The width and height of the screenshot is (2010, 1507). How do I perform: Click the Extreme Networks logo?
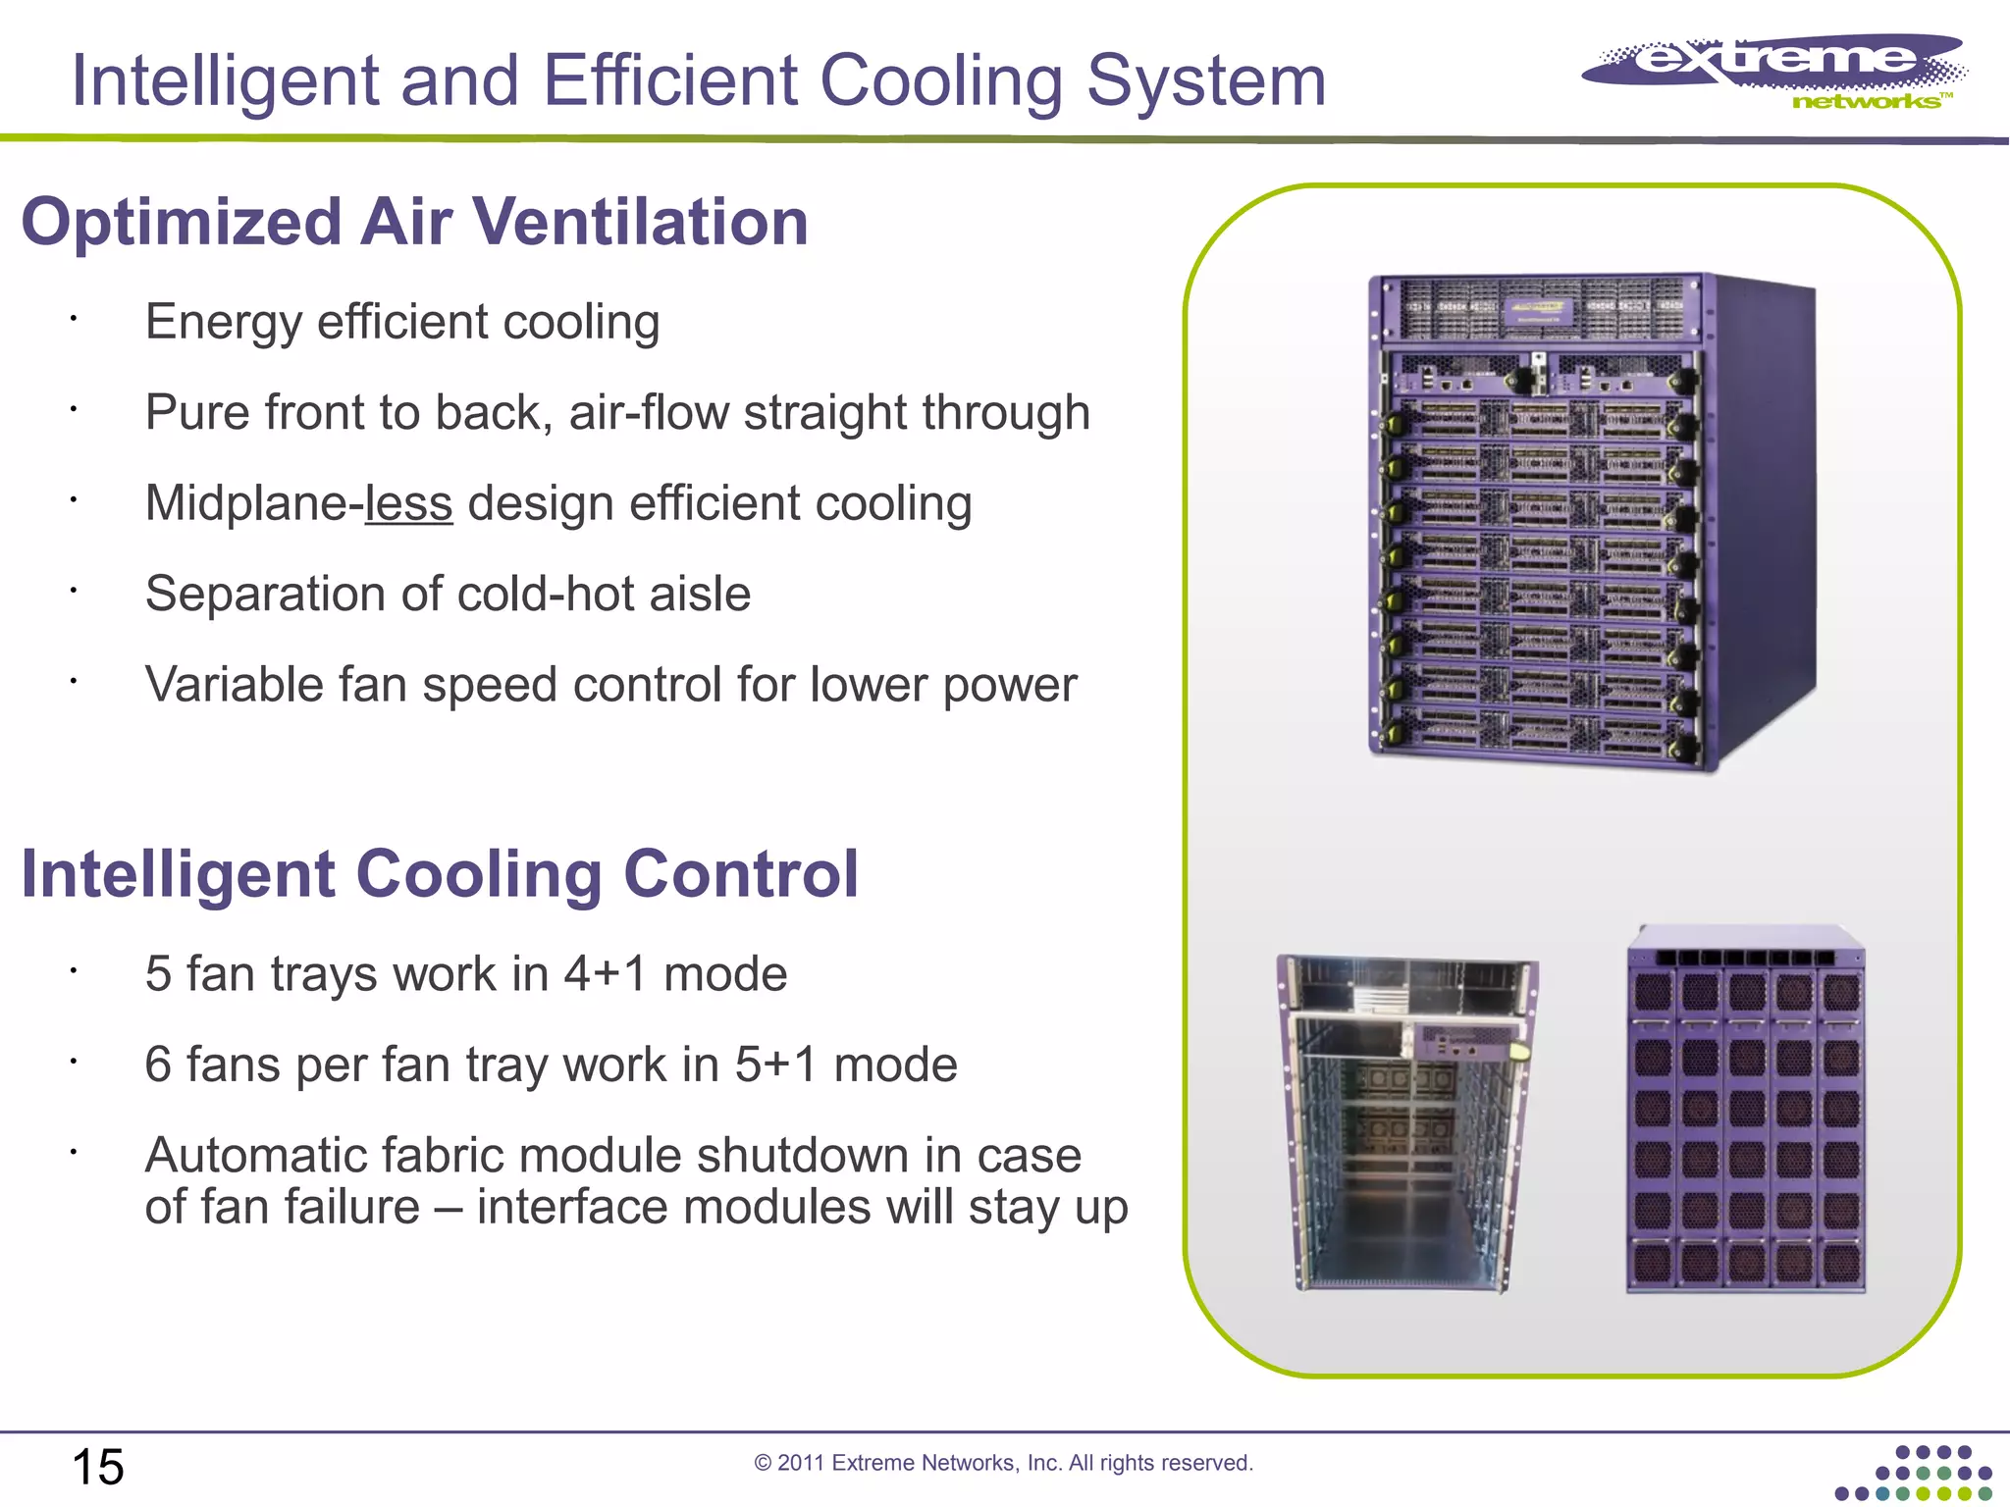[1774, 71]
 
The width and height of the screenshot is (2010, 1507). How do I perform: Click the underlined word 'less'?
[408, 503]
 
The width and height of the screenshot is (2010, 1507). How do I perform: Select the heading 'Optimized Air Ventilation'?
[414, 222]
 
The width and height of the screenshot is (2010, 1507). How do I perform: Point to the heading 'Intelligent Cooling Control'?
[440, 873]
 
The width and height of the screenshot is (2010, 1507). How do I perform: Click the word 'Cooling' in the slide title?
[941, 82]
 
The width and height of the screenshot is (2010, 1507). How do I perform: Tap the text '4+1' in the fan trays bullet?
[606, 974]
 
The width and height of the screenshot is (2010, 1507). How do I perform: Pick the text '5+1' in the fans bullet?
[776, 1065]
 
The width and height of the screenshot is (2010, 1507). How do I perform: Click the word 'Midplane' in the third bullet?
[246, 503]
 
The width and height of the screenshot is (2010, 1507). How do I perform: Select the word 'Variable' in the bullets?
[234, 685]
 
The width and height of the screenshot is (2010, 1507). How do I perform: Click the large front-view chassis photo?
[1590, 520]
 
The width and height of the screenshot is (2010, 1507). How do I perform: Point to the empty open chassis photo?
[1407, 1123]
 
